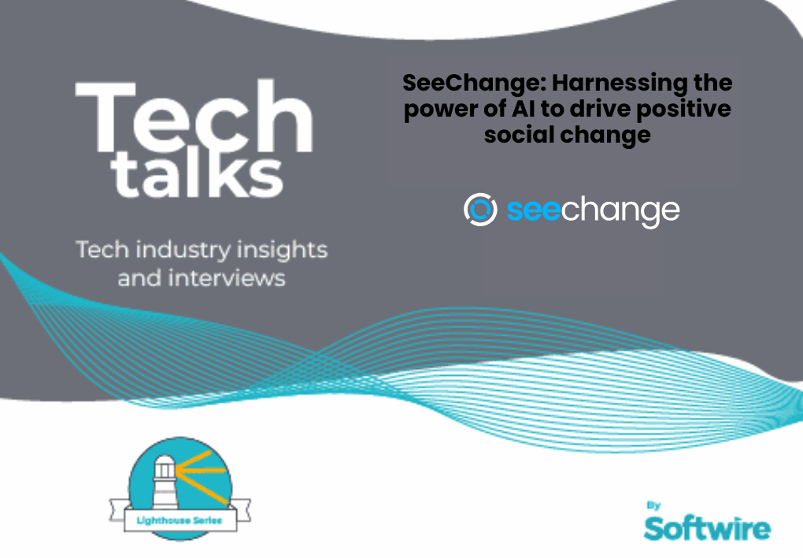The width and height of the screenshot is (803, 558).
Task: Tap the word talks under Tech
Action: tap(197, 175)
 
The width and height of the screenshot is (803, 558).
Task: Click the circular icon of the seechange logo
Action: tap(480, 209)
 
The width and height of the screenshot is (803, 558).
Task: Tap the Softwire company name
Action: tap(706, 527)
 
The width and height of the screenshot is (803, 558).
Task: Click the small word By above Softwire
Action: tap(654, 504)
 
